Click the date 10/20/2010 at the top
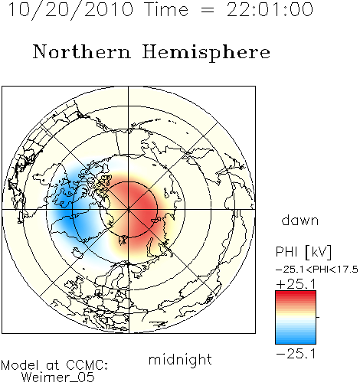tap(70, 10)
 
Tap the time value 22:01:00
tap(270, 9)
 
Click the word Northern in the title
tap(82, 52)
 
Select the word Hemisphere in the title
tap(206, 53)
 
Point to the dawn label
tap(300, 220)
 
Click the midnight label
tap(180, 360)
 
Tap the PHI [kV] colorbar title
tap(303, 252)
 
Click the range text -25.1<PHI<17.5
tap(317, 270)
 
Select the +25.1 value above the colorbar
tap(296, 284)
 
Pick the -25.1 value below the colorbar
tap(296, 354)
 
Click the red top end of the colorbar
tap(296, 293)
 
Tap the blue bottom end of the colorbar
tap(296, 342)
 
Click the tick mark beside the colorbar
tap(318, 317)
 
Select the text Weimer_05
tap(58, 378)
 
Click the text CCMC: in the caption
tap(87, 365)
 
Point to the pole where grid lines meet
tap(129, 210)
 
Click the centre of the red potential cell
tap(138, 207)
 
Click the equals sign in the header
tap(208, 10)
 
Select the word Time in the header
tap(166, 9)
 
